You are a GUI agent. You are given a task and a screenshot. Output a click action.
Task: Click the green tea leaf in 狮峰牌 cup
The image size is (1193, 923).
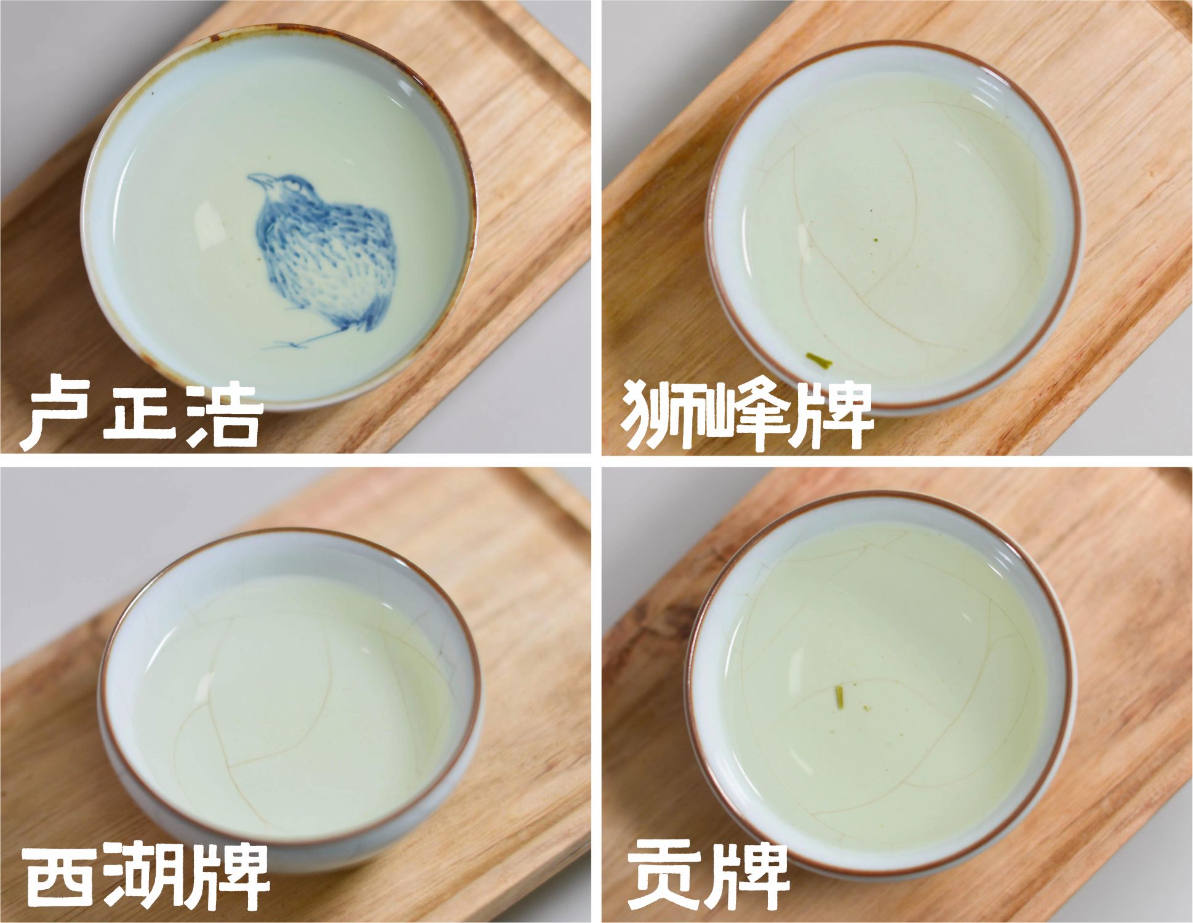818,360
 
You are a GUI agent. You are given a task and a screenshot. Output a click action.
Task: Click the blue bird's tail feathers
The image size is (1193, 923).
363,320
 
